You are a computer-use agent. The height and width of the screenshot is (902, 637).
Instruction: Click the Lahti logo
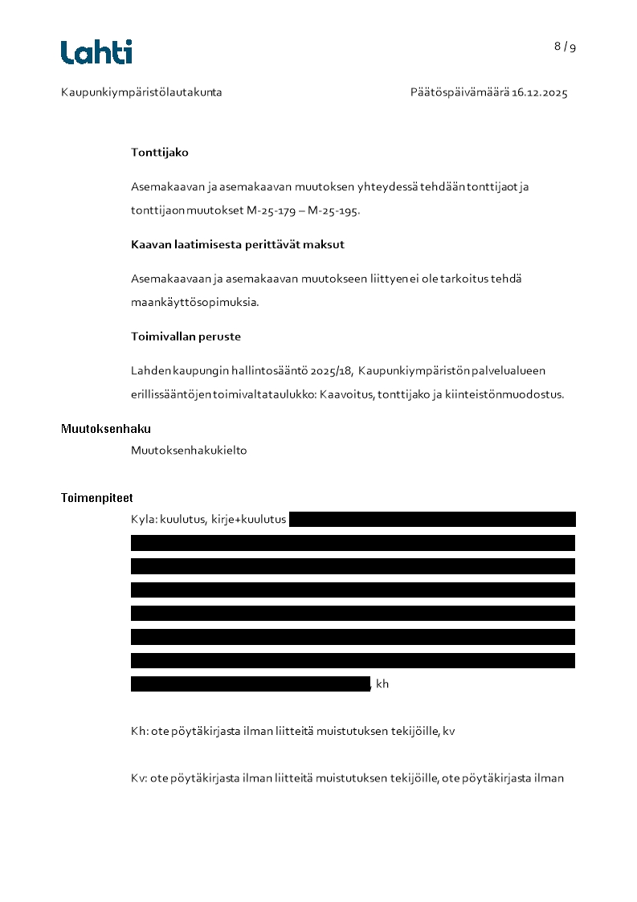coord(96,52)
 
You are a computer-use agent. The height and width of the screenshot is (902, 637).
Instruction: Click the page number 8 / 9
coord(565,47)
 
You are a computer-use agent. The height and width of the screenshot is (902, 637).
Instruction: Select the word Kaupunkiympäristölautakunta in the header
coord(141,92)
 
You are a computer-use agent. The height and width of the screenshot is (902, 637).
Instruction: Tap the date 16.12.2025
coord(540,92)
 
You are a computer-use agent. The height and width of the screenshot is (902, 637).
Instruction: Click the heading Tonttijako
coord(160,152)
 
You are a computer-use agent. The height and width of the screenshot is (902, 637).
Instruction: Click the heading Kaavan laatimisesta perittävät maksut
coord(238,244)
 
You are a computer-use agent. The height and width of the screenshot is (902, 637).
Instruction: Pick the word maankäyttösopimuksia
coord(194,303)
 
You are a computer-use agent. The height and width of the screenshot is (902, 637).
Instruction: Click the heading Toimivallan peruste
coord(186,337)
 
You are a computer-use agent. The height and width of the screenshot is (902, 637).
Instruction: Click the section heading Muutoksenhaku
coord(106,429)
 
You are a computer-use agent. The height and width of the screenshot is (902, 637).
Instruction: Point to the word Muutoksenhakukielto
coord(189,451)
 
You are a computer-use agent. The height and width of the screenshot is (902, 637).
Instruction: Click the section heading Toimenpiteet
coord(97,498)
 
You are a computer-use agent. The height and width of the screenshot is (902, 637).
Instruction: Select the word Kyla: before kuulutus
coord(144,520)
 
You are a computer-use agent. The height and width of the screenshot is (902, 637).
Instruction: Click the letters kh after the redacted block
coord(382,684)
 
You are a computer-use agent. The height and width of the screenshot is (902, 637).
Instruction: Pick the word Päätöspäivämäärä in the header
coord(459,92)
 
